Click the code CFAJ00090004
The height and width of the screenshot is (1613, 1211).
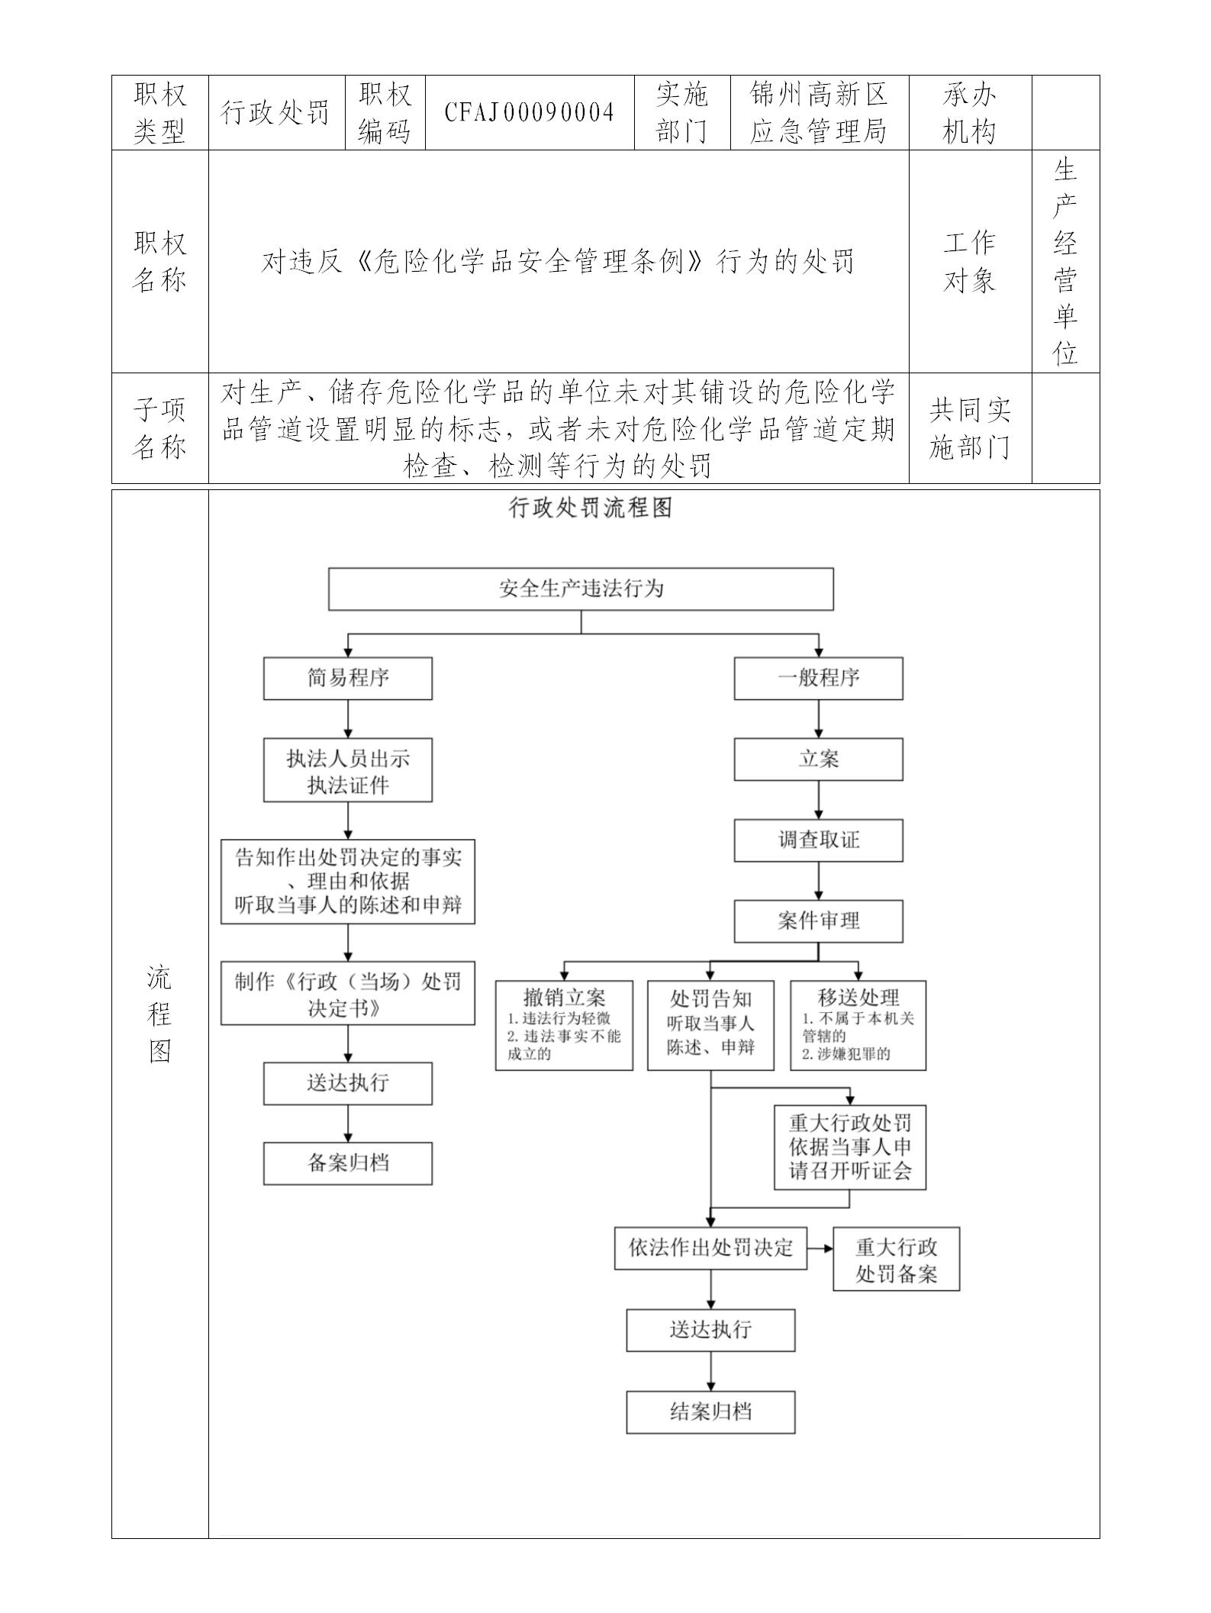click(x=530, y=113)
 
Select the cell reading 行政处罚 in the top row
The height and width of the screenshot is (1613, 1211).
click(x=276, y=113)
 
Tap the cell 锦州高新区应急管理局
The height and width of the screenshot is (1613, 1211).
click(x=819, y=113)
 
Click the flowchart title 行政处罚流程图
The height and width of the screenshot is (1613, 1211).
click(x=590, y=508)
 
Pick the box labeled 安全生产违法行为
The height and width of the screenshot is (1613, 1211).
click(x=581, y=589)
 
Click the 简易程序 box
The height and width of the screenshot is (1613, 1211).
click(x=348, y=678)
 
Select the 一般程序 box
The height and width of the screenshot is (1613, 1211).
click(x=818, y=678)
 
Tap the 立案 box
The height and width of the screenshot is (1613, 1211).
click(x=818, y=759)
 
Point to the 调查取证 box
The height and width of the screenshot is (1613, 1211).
click(x=818, y=840)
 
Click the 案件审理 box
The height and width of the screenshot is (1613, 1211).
click(x=818, y=921)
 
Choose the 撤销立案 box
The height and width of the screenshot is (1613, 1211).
click(x=564, y=1025)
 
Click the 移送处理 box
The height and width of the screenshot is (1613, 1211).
click(x=858, y=1025)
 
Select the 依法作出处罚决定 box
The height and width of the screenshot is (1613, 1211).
click(x=710, y=1248)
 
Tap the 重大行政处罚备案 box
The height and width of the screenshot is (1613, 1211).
click(x=896, y=1260)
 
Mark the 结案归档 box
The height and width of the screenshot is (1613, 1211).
click(x=710, y=1411)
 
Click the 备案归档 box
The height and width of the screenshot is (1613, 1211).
click(x=348, y=1163)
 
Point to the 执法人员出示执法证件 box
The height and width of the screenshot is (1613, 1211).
click(x=348, y=770)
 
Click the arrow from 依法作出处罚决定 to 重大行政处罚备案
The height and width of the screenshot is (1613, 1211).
click(x=820, y=1249)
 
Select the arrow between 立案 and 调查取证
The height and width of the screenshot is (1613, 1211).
click(x=819, y=800)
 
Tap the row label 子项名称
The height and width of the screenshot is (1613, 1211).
click(x=159, y=428)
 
